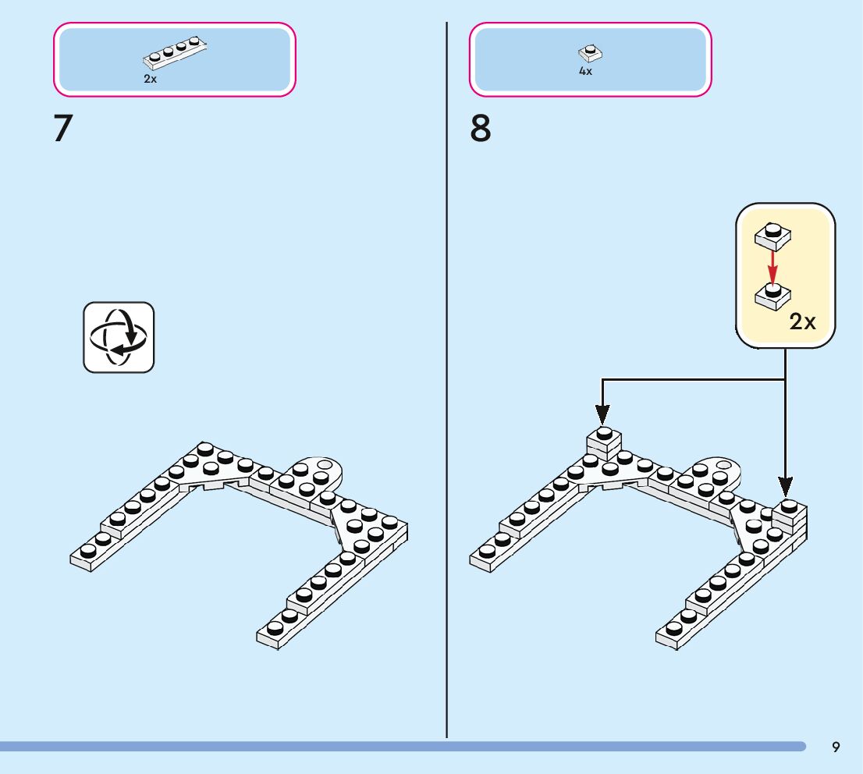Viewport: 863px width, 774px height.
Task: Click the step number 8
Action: point(481,129)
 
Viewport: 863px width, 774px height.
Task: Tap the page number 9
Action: point(836,747)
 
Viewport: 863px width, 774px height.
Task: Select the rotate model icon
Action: point(119,337)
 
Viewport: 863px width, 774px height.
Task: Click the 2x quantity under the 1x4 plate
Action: point(150,79)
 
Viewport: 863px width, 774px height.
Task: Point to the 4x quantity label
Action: point(585,71)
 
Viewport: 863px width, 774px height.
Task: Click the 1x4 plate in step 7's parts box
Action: point(175,55)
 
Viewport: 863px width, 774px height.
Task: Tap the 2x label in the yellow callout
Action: point(802,321)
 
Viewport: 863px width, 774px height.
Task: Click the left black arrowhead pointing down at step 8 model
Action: point(602,411)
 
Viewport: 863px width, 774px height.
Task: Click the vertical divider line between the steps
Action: point(446,390)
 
